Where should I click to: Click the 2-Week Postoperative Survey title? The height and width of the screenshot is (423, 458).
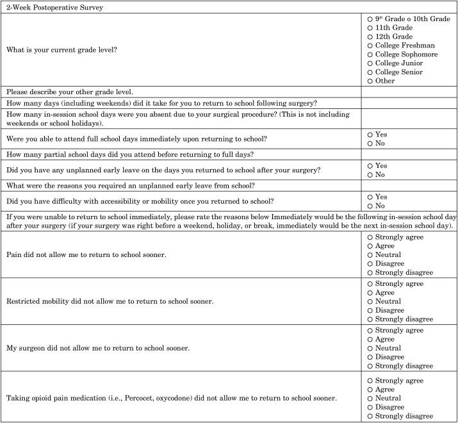(49, 8)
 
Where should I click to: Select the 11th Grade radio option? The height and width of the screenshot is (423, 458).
(370, 28)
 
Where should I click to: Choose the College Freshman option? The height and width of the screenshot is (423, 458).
(370, 46)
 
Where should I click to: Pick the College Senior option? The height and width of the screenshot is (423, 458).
(370, 72)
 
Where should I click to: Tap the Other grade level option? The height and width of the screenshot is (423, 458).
(370, 81)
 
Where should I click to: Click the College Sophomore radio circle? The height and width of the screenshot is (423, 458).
(370, 54)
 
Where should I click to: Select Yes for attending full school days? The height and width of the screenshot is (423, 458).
(370, 135)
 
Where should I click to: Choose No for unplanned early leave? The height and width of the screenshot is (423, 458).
(370, 174)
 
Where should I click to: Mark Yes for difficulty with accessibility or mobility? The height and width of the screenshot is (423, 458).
(370, 196)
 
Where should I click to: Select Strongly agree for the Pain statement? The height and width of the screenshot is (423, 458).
(370, 237)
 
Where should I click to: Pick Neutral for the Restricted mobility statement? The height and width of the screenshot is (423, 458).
(370, 301)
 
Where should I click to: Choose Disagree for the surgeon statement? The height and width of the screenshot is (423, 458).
(370, 357)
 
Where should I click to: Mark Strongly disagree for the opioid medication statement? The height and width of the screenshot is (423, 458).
(370, 415)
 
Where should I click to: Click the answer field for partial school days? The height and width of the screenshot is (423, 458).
(408, 154)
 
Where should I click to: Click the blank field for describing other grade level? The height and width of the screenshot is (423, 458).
(408, 92)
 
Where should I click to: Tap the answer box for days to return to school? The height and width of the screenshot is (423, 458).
(408, 104)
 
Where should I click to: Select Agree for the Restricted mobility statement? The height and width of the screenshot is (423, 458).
(370, 292)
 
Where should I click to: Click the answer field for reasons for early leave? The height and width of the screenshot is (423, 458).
(408, 186)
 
